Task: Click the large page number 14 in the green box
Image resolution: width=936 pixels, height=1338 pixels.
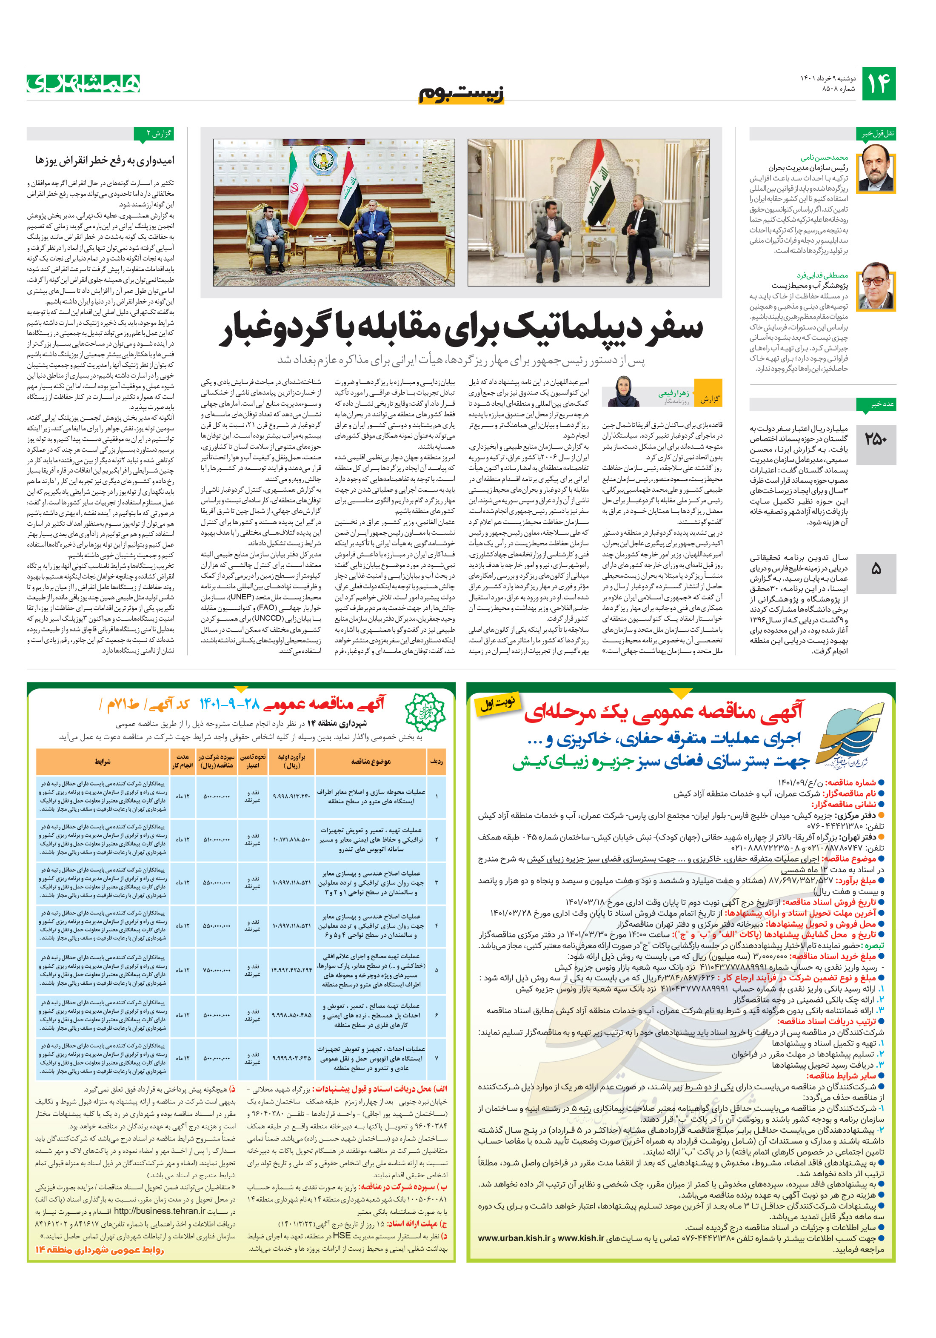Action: point(878,83)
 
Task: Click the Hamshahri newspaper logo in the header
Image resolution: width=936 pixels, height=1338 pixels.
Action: point(83,83)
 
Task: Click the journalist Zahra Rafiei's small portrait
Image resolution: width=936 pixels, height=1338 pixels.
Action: point(623,391)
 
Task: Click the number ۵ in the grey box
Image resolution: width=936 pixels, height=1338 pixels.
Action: point(876,569)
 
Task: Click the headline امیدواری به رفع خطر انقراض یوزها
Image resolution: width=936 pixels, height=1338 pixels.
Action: point(105,160)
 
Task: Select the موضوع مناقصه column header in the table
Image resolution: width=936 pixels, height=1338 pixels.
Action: point(371,762)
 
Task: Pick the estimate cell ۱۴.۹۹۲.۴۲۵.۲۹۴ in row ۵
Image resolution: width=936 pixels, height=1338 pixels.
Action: point(291,970)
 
